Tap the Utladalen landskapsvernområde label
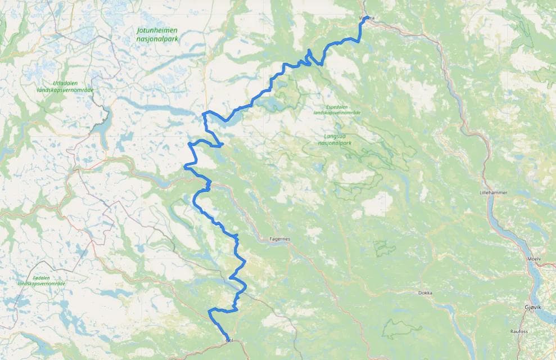(x=65, y=87)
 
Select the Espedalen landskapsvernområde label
(x=337, y=110)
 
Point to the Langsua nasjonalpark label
(x=338, y=139)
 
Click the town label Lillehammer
(x=493, y=192)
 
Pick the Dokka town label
(x=425, y=293)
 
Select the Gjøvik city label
(x=531, y=308)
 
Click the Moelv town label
(x=535, y=259)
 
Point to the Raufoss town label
(x=519, y=331)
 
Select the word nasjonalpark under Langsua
(x=338, y=143)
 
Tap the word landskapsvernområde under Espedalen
(x=337, y=113)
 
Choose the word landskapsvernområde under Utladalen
(x=65, y=90)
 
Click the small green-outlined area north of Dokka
(x=385, y=248)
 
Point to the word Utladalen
(x=65, y=83)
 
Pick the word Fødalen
(x=42, y=277)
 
